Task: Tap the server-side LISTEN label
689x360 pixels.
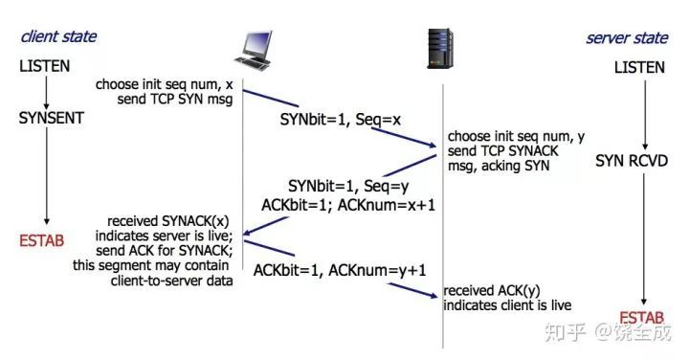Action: coord(638,69)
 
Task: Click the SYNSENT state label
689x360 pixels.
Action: coord(52,118)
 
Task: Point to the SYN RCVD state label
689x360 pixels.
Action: coord(633,159)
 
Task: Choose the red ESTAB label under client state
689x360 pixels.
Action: coord(41,239)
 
